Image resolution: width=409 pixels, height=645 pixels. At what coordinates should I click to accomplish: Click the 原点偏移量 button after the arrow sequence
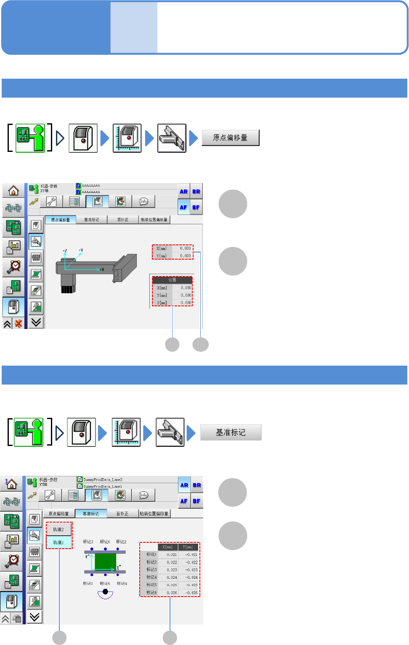point(230,138)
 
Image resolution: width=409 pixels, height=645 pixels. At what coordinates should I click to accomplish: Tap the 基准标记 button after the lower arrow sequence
point(231,432)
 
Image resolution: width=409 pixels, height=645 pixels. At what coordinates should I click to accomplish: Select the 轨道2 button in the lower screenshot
point(58,529)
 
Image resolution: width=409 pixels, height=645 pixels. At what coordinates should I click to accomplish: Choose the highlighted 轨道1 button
point(58,542)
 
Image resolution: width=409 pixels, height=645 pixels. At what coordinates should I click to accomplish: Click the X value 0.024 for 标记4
point(172,577)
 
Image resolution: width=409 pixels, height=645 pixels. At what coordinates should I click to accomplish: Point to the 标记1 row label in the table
point(151,555)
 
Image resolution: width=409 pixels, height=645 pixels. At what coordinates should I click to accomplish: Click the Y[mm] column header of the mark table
point(188,547)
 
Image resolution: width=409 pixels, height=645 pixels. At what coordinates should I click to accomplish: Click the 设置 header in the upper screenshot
point(172,280)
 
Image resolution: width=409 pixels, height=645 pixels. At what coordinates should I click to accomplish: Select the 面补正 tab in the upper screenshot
point(123,220)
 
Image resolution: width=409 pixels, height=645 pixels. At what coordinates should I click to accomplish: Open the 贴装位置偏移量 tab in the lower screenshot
point(154,514)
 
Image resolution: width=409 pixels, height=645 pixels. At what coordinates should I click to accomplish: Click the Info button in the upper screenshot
point(143,202)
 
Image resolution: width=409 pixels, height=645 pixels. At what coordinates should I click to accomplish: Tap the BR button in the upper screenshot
point(197,191)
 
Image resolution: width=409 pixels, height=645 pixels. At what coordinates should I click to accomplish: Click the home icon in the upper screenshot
point(13,191)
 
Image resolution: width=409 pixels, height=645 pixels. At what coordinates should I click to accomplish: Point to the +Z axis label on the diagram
point(65,251)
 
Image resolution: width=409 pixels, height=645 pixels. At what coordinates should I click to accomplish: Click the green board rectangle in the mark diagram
point(105,562)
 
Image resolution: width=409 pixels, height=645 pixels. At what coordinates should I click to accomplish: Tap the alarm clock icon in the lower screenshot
point(13,560)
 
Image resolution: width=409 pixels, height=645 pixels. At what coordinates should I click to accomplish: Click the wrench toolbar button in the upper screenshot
point(51,202)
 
